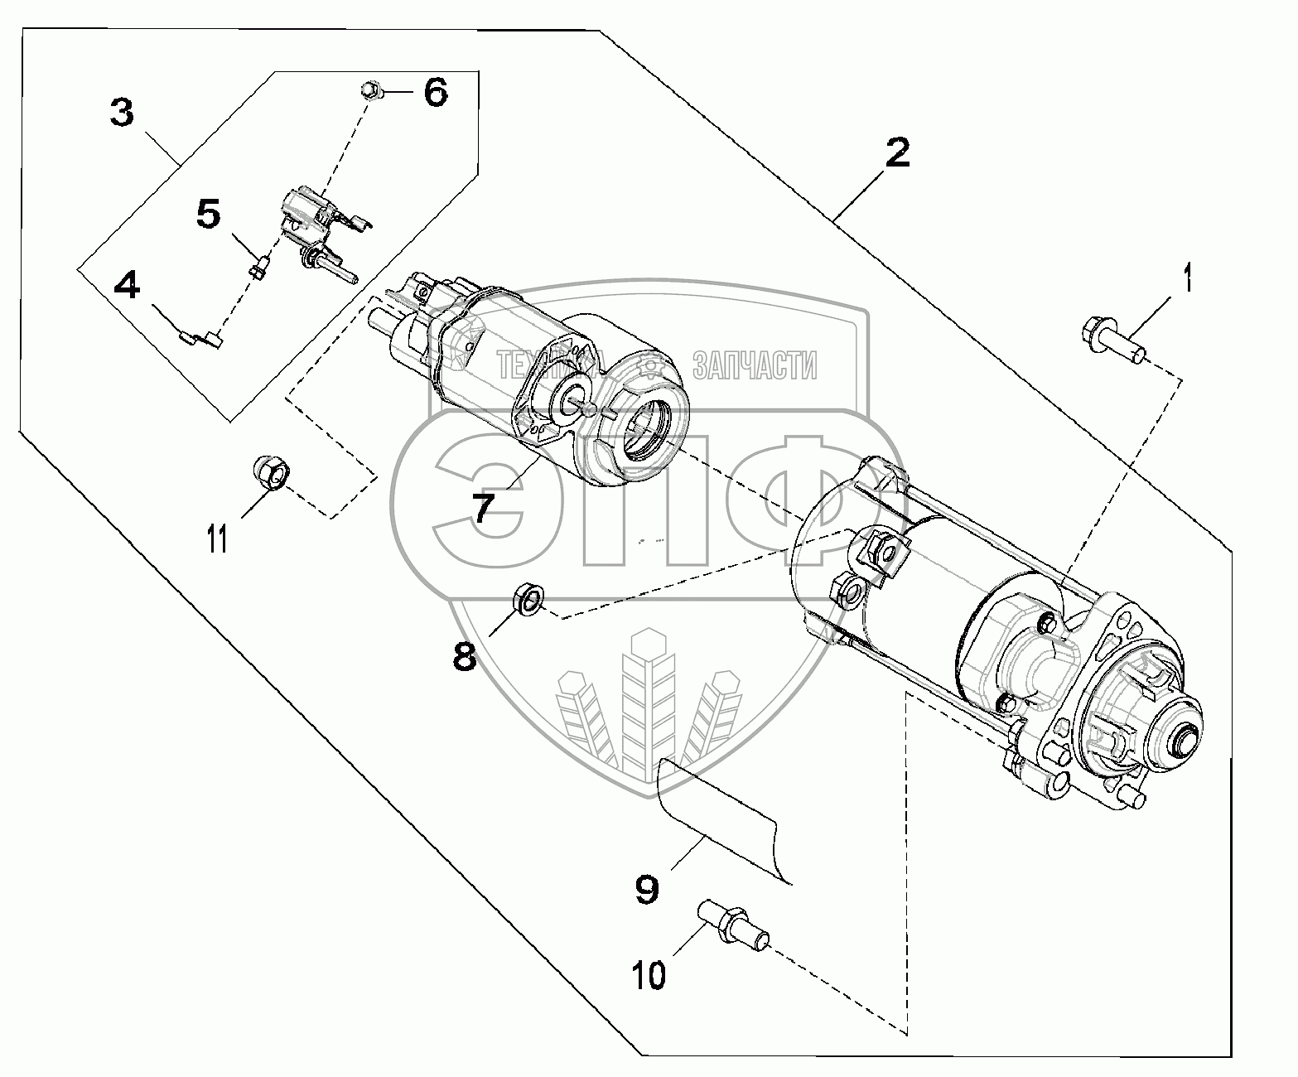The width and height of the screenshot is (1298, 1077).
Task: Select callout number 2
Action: pos(896,153)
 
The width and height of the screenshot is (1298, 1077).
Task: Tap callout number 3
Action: pos(122,113)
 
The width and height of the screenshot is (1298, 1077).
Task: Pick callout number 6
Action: pos(435,92)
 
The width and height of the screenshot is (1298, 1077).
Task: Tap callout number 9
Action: pos(647,890)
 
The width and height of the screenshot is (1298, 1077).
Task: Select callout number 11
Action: pos(217,539)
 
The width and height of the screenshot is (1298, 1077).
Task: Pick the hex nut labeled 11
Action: pos(271,473)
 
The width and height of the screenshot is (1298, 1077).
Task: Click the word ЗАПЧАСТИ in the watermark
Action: pos(754,365)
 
